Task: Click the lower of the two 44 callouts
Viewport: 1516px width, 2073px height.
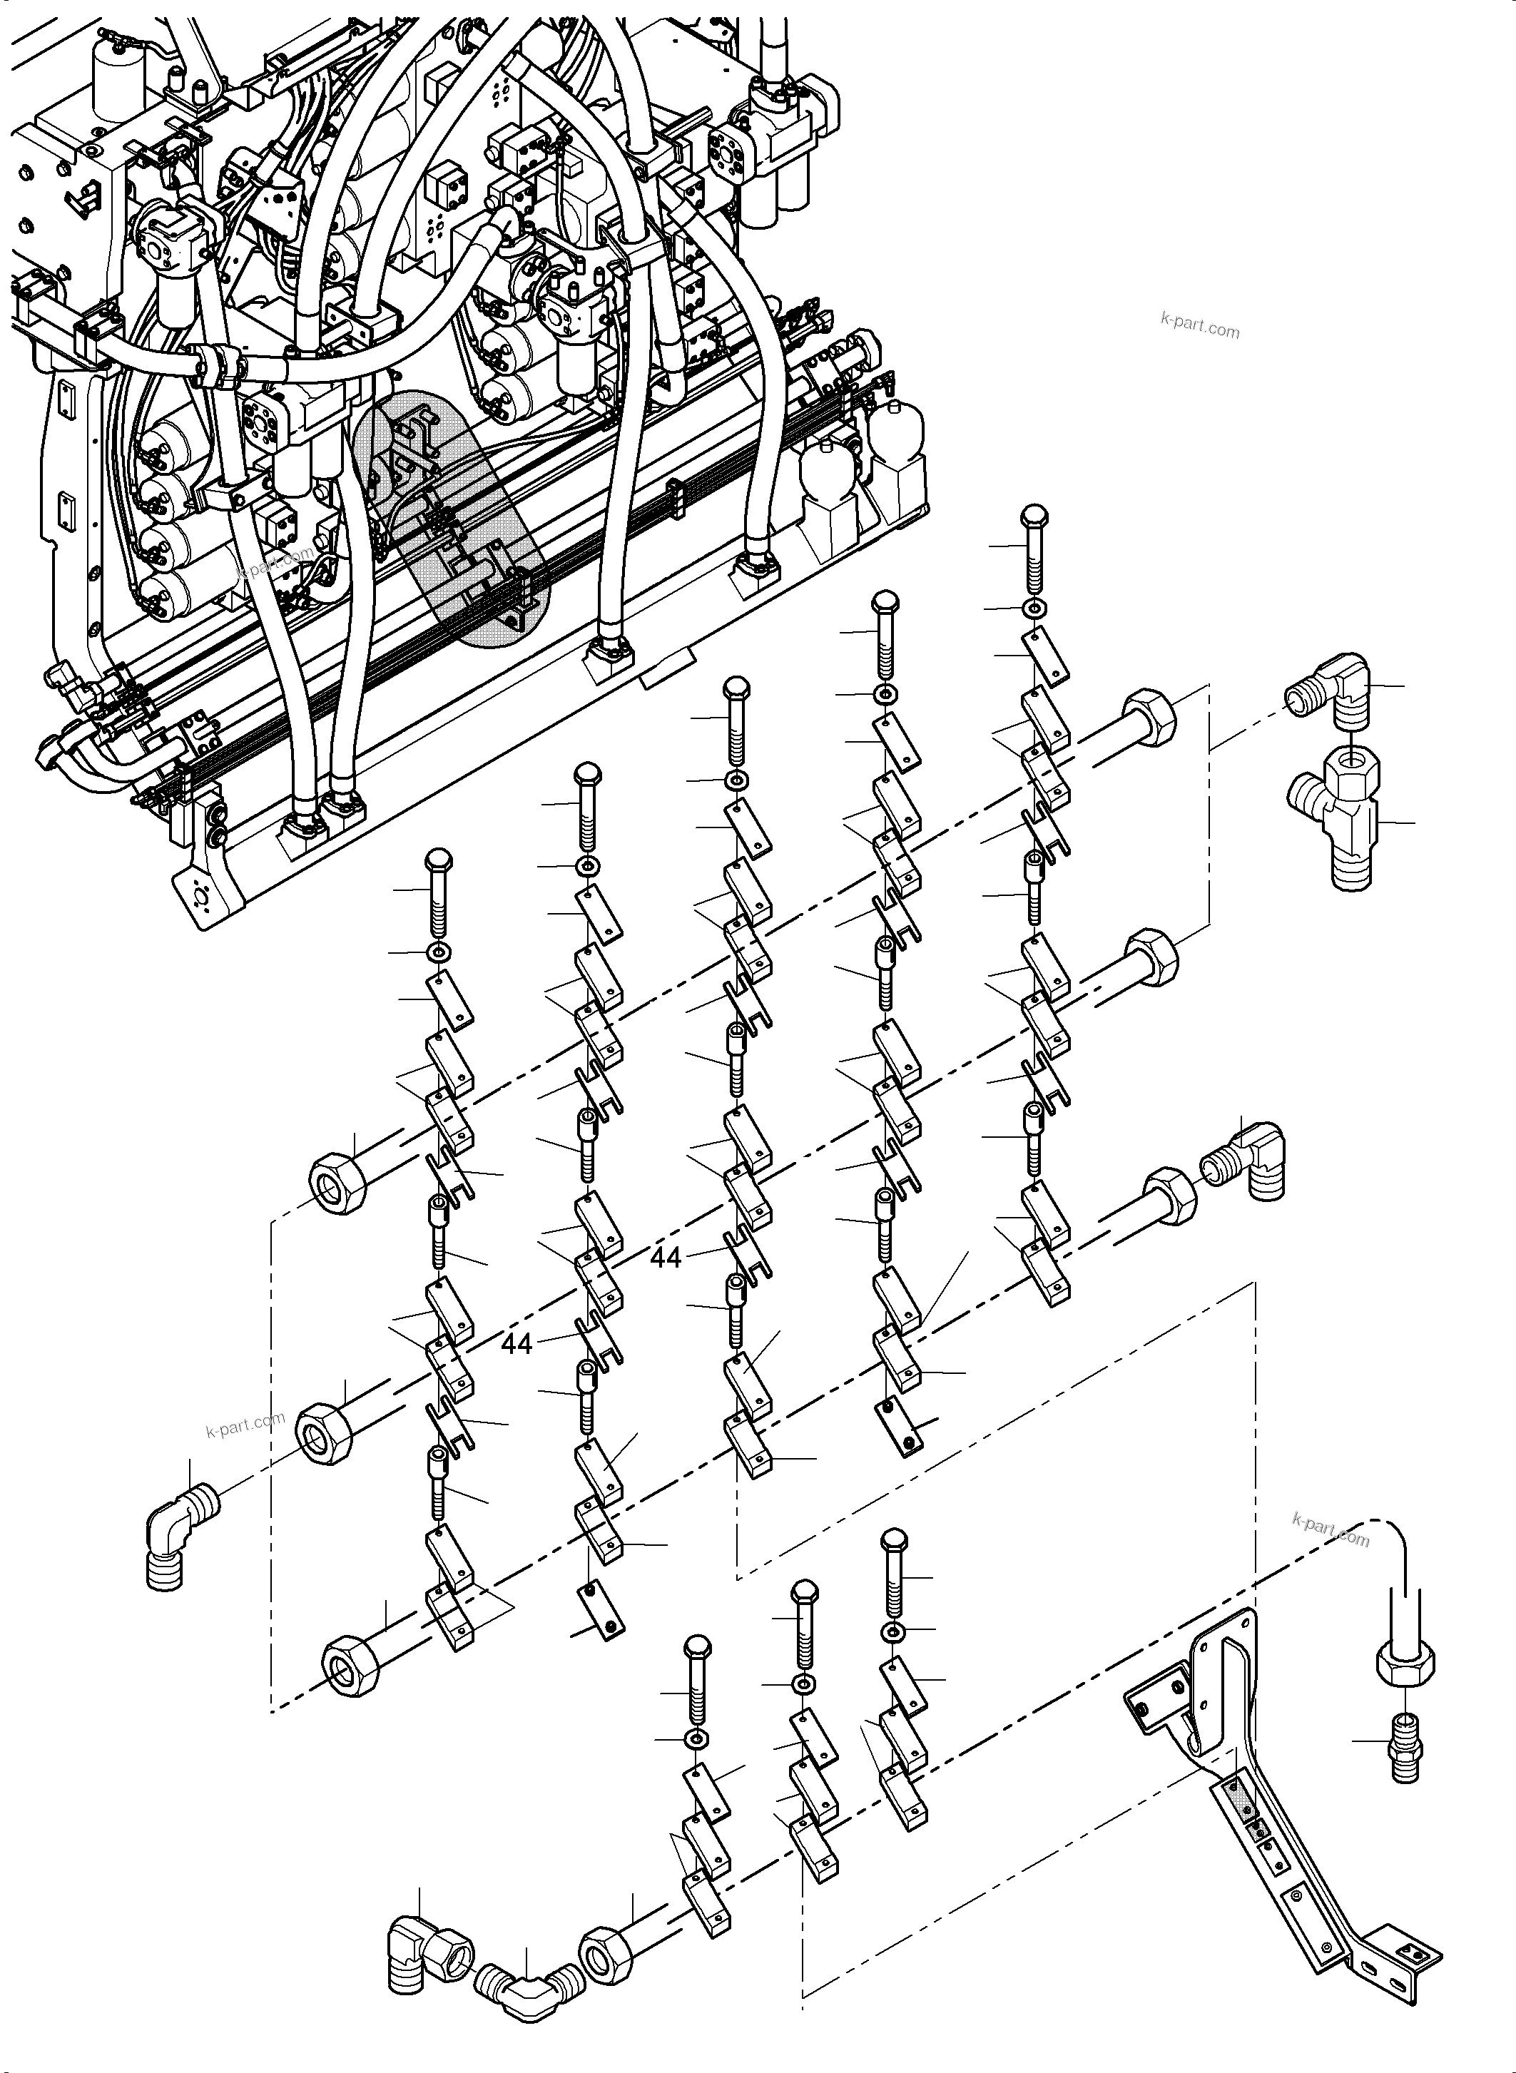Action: (x=517, y=1345)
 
